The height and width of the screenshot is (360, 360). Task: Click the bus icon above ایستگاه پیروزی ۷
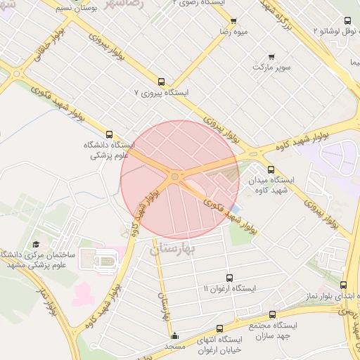click(162, 81)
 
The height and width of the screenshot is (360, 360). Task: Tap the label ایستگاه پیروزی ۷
click(162, 92)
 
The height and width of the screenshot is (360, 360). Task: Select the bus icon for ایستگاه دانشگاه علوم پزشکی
click(108, 134)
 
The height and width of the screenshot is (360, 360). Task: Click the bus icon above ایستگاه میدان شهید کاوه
click(271, 169)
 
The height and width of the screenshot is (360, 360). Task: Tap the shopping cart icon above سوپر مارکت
click(272, 57)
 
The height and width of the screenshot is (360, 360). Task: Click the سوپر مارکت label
click(272, 67)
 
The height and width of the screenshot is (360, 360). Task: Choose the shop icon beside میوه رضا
click(233, 20)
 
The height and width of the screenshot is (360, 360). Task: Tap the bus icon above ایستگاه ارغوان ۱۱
click(229, 278)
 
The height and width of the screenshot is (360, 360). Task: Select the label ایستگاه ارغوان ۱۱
click(229, 289)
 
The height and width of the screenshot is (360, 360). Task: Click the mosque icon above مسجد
click(174, 335)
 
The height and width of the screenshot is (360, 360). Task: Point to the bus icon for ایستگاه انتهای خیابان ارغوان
click(220, 328)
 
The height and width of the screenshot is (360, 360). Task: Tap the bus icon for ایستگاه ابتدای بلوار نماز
click(343, 285)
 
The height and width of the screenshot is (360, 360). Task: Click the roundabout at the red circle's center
click(174, 176)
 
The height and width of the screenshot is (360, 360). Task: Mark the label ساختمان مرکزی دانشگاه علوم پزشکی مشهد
click(35, 259)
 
